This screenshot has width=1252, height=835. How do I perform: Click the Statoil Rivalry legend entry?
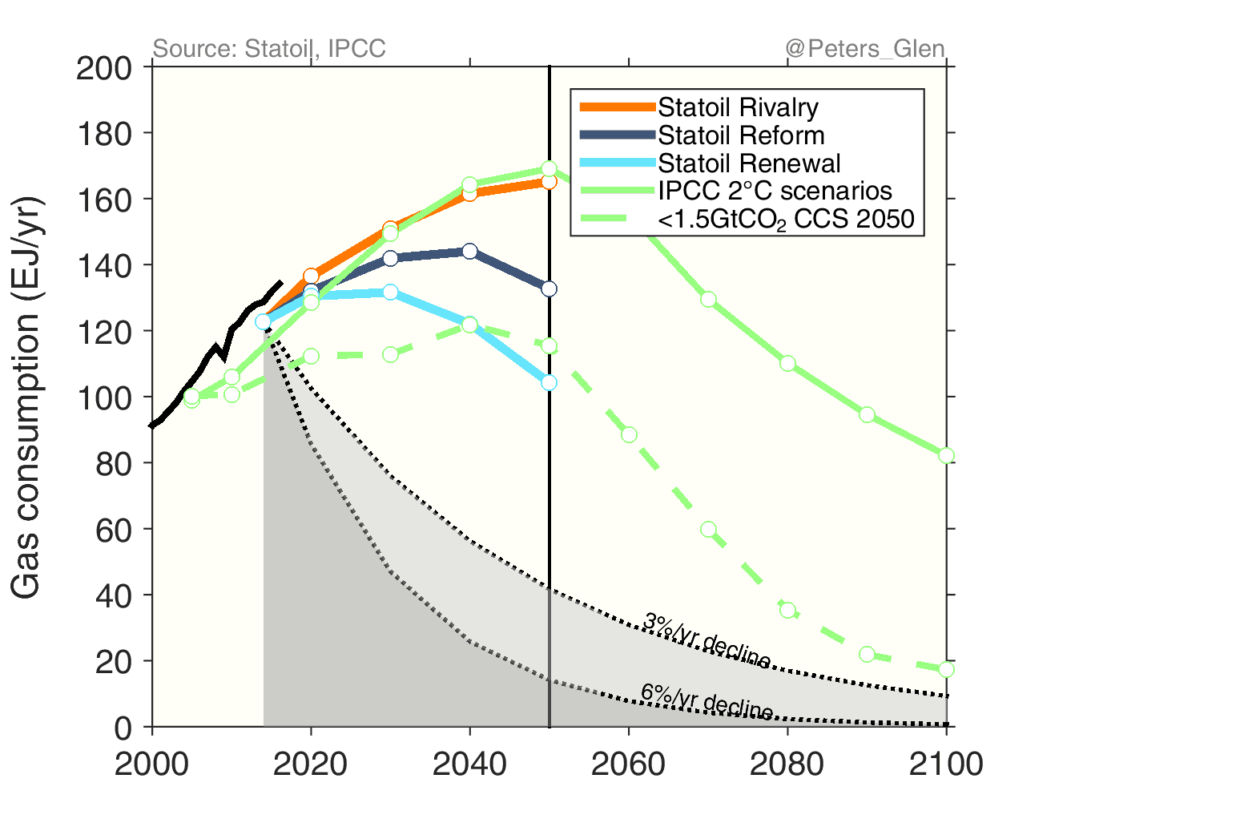[x=738, y=107]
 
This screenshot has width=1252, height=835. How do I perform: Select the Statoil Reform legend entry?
[x=741, y=135]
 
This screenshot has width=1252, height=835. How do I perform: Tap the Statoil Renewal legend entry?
[x=749, y=163]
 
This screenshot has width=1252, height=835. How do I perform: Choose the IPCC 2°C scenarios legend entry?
[x=775, y=191]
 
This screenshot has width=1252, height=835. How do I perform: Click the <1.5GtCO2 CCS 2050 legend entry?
[x=786, y=219]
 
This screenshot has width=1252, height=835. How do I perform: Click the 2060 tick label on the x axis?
[x=628, y=764]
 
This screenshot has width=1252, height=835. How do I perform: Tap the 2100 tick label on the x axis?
[x=946, y=764]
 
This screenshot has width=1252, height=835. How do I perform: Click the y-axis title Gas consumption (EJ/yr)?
[x=26, y=397]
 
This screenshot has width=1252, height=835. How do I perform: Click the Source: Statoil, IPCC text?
[x=269, y=49]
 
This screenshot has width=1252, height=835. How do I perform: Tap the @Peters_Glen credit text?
[x=865, y=49]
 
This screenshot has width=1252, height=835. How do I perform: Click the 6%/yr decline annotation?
[x=707, y=702]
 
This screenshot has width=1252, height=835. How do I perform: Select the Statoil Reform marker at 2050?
[x=549, y=288]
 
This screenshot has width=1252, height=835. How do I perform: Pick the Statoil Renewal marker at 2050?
[x=549, y=383]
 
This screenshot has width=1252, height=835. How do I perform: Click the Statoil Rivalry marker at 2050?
[x=549, y=182]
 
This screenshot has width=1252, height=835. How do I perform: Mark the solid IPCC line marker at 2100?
[x=946, y=455]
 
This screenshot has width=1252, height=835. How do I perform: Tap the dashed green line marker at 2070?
[x=708, y=529]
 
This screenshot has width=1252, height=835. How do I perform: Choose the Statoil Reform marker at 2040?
[x=469, y=251]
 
